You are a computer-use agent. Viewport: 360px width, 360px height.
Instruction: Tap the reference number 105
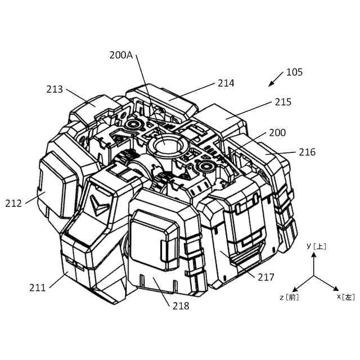coord(294,72)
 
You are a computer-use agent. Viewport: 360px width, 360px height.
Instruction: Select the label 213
coord(55,89)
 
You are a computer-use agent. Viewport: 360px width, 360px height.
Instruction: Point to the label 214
coord(226,83)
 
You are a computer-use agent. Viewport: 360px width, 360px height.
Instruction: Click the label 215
coord(283,102)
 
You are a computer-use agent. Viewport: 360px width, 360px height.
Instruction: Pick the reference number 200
coord(277,133)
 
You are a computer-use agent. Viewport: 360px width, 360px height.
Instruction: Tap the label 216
coord(307,152)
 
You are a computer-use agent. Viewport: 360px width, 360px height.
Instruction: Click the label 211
coord(38,288)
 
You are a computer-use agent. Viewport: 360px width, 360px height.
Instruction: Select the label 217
coord(266,277)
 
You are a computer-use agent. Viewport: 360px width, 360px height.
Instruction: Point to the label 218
coord(181,306)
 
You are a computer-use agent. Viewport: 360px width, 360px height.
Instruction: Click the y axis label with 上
coord(316,246)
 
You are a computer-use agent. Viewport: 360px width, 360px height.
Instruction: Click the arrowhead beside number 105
coord(270,85)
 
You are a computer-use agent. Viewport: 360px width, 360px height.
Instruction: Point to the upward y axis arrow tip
coord(314,253)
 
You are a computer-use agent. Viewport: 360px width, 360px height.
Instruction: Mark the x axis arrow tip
coord(337,289)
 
